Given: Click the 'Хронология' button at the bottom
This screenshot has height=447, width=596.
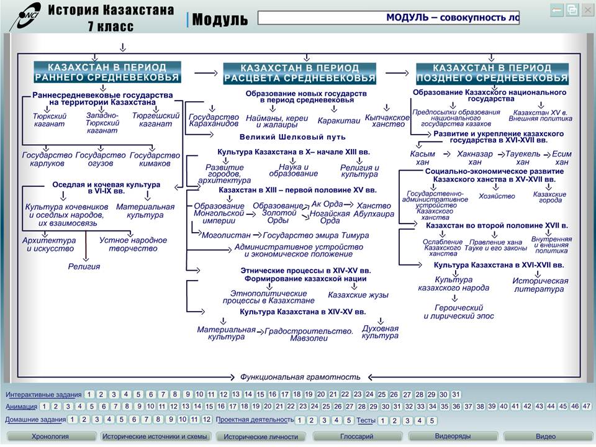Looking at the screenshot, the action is coord(50,436).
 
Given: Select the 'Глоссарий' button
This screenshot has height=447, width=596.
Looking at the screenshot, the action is coord(356,436).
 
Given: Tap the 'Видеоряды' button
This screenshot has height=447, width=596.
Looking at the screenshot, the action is coord(453,436).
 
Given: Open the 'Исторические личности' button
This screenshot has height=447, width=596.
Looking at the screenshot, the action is coord(261,436).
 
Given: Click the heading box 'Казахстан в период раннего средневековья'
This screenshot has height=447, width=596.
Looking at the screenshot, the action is coord(107,72).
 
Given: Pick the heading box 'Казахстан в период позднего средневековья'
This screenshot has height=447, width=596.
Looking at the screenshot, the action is coord(492,73).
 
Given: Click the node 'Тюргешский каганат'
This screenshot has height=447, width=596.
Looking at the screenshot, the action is coord(155,120).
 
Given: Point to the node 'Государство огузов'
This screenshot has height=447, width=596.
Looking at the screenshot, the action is coord(101,160).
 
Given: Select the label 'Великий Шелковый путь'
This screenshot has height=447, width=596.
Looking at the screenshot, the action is coord(292,137).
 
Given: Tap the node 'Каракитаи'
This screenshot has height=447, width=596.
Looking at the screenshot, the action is coord(339,121).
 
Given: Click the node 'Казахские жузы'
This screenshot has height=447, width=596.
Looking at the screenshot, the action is coord(358,295).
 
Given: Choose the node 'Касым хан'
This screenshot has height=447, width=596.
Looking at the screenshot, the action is coord(422,158).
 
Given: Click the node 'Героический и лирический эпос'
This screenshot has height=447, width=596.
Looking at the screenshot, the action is coord(459,312).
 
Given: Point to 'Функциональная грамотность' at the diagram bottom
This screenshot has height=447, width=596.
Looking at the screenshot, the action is coord(300,377).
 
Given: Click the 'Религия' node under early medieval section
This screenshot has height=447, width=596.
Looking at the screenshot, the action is coord(84,266).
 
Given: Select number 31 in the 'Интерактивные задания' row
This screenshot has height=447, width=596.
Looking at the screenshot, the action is coord(456,395).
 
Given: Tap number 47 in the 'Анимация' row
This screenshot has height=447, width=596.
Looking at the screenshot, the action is coord(586,406).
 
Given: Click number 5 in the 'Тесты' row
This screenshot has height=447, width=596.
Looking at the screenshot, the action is coord(431,420).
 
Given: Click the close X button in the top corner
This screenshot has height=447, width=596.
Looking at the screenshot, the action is coord(587,10).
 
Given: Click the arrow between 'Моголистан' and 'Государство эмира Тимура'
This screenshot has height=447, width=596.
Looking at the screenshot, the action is coord(257,235).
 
